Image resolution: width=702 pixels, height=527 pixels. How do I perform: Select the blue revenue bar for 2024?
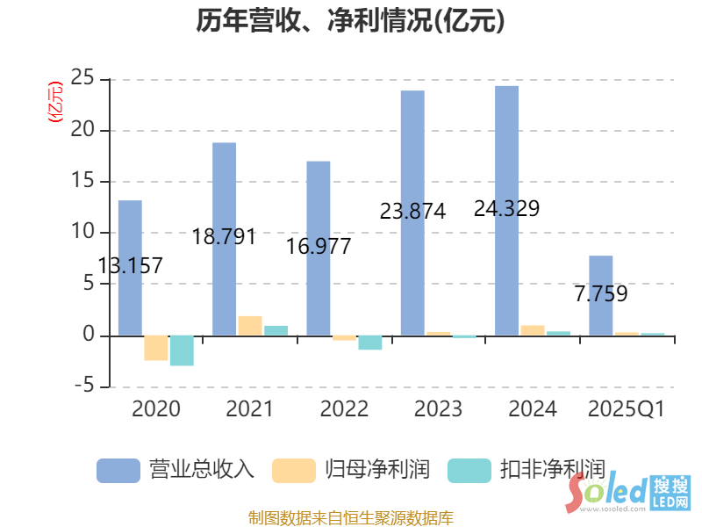[x=506, y=211]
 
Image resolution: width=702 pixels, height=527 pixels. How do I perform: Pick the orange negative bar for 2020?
[x=156, y=348]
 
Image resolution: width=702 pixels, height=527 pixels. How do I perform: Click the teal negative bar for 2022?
[x=370, y=343]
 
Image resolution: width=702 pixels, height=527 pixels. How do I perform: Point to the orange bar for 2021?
[x=250, y=326]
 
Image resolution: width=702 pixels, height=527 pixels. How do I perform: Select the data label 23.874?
[x=412, y=212]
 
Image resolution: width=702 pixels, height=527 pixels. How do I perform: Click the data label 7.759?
[x=601, y=294]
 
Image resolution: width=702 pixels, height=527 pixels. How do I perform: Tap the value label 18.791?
[x=224, y=237]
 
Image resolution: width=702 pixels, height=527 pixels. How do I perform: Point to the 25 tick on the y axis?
[x=82, y=79]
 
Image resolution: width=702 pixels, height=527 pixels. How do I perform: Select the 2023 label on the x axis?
[x=437, y=409]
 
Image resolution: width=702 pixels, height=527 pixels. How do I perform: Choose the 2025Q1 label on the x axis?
[x=627, y=409]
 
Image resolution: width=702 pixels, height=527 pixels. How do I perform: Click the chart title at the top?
[x=351, y=21]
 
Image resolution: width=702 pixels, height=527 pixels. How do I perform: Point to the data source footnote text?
[x=351, y=517]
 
